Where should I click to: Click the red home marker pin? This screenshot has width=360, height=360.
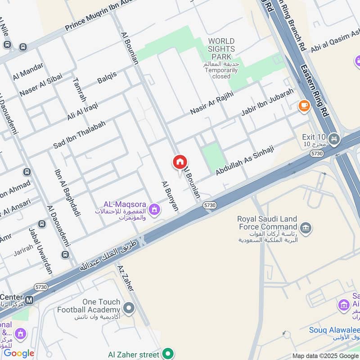click(x=180, y=162)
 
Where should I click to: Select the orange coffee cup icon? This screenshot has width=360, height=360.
click(x=304, y=106)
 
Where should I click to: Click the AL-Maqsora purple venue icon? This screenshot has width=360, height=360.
click(x=155, y=209)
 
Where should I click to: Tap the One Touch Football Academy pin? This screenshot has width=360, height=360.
click(x=129, y=308)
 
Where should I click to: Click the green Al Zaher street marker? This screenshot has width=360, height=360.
click(x=168, y=354)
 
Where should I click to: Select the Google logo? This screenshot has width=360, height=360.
click(x=19, y=353)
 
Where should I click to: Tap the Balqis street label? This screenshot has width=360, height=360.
click(x=107, y=78)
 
